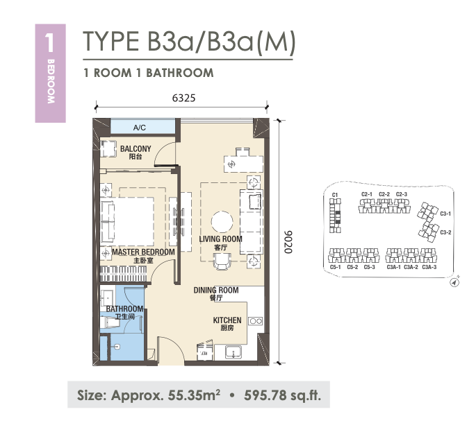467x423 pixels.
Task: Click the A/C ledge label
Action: (140, 128)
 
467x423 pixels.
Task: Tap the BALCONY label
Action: (136, 148)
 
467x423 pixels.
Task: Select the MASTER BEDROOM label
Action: (143, 252)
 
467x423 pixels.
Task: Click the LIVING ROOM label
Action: (221, 239)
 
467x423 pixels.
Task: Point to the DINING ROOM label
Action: (216, 290)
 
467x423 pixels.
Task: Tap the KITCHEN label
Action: (227, 320)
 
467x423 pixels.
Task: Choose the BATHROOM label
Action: (124, 309)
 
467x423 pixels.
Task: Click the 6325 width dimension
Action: (183, 98)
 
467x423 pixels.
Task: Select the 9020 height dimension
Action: (288, 242)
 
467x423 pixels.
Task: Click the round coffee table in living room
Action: (222, 222)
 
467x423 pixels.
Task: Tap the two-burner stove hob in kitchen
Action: (256, 321)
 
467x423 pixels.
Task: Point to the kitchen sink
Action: (233, 352)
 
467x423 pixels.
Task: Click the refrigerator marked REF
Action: (204, 352)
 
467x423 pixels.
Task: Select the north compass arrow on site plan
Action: (454, 283)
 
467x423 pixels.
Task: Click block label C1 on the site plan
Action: (335, 195)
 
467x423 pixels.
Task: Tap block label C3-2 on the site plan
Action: (445, 232)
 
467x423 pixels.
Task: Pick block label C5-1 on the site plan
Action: (336, 267)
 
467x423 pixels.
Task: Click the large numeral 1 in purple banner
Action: (49, 42)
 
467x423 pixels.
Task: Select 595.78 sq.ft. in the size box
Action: (282, 395)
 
